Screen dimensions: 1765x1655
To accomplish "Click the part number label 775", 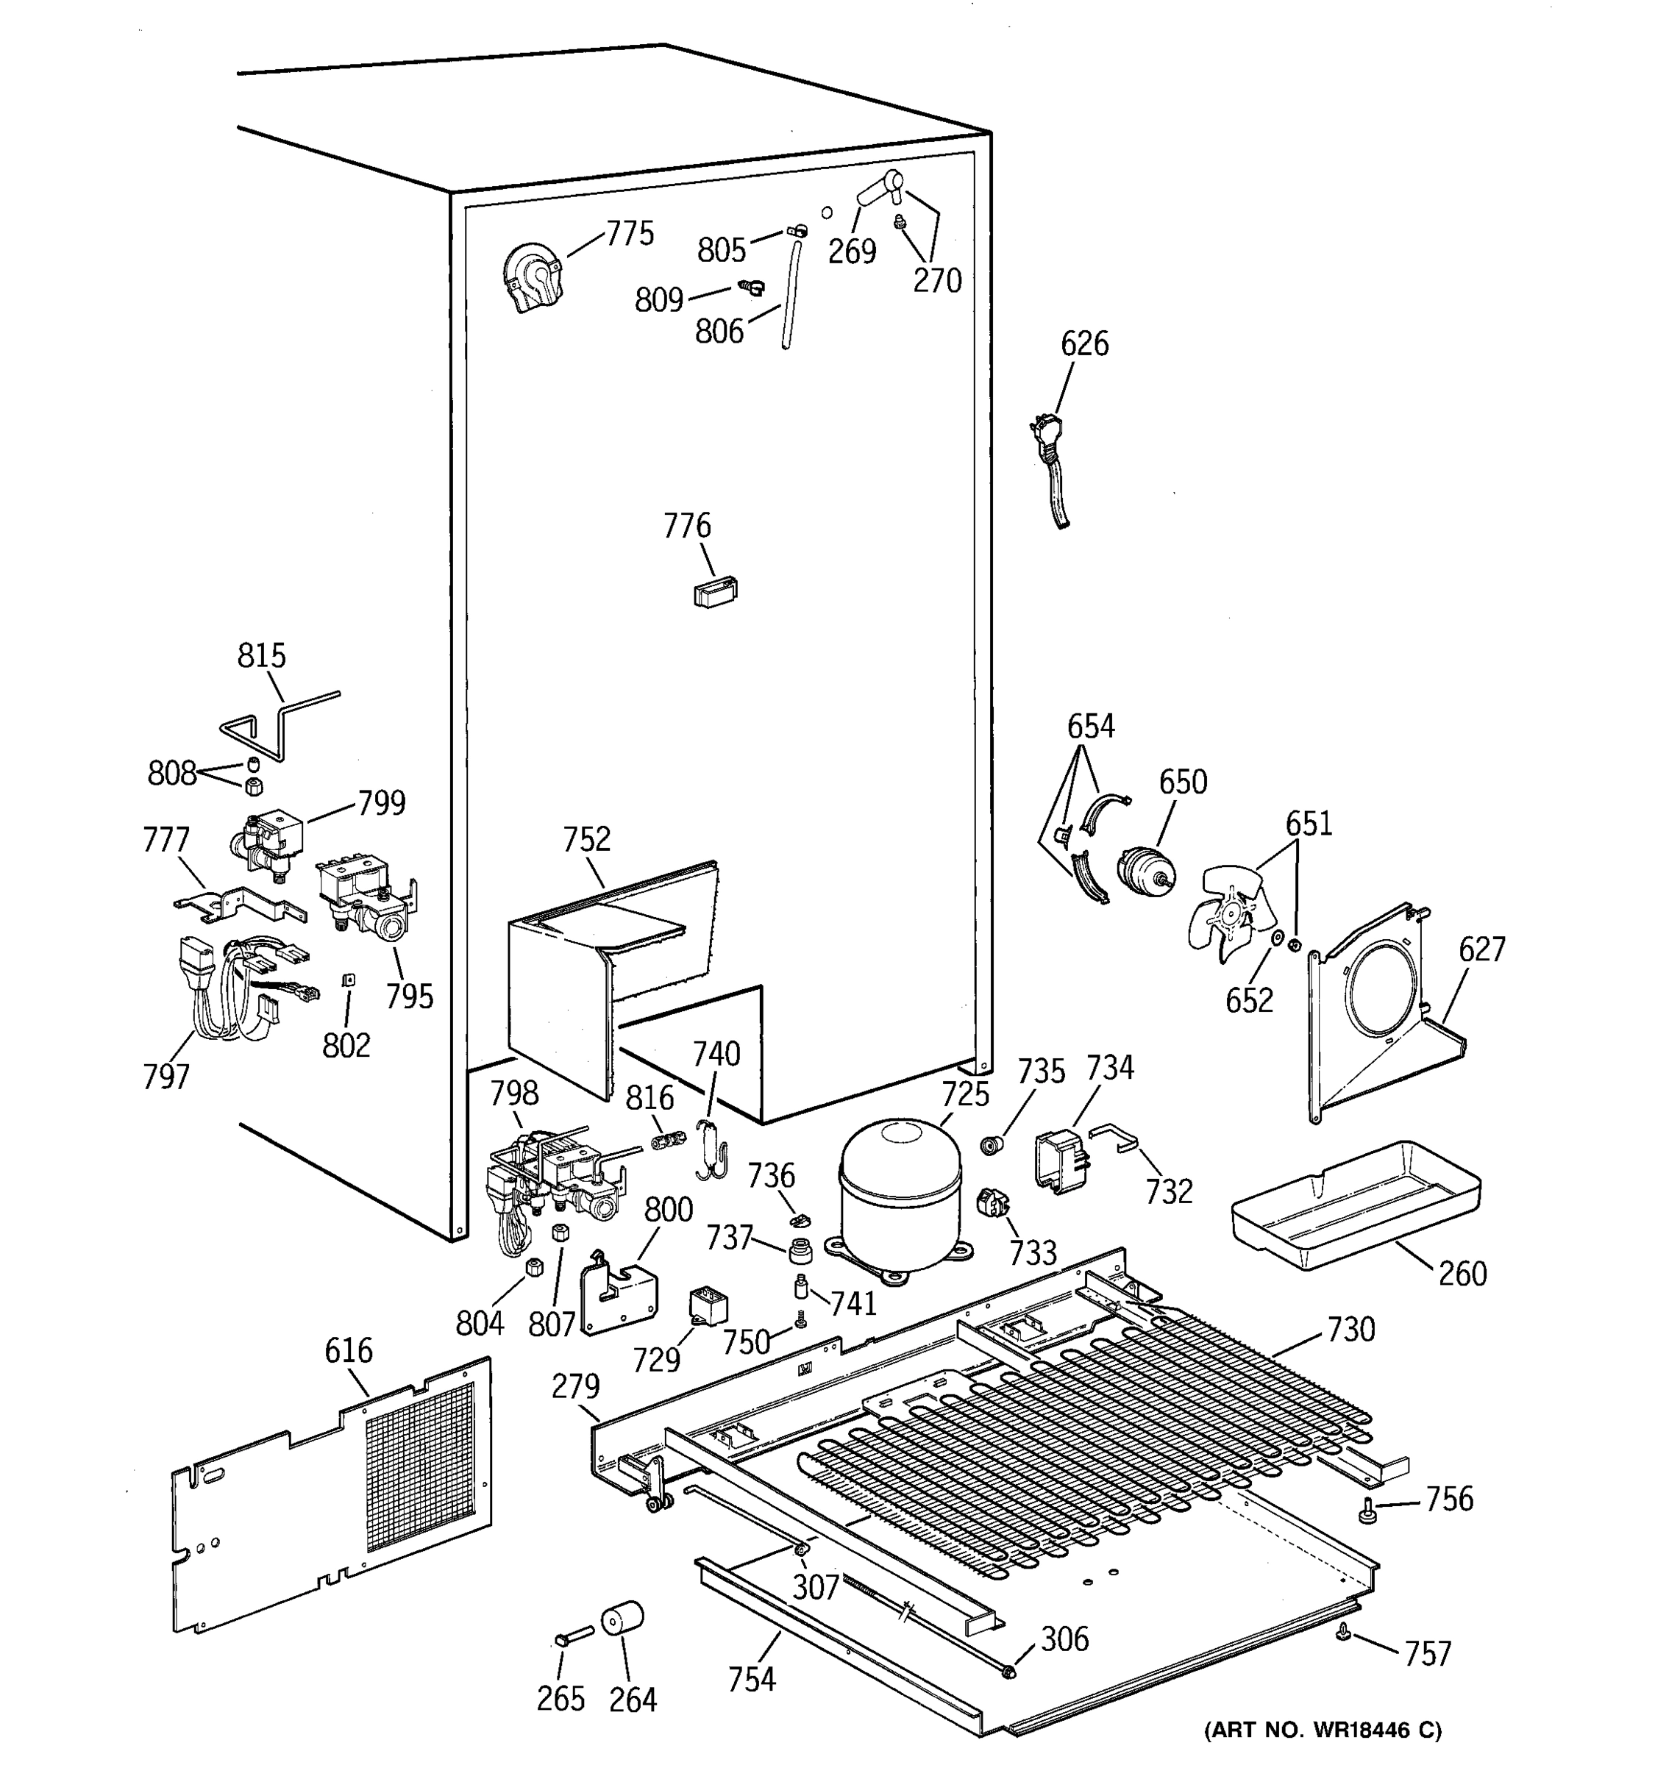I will tap(630, 234).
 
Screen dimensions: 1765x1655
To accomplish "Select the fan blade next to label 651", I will tap(1229, 914).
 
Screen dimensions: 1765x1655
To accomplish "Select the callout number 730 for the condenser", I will tap(1350, 1329).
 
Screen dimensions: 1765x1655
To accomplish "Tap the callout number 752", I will tap(587, 839).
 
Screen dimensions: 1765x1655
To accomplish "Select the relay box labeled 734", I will tap(1060, 1158).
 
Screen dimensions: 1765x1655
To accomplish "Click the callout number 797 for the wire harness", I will tap(166, 1077).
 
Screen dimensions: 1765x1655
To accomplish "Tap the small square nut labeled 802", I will tap(349, 980).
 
